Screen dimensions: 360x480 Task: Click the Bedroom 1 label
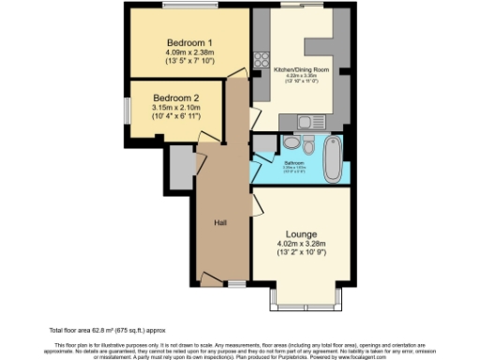pyautogui.click(x=190, y=43)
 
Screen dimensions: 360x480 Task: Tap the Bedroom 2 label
pyautogui.click(x=177, y=98)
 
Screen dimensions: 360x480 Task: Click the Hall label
pyautogui.click(x=221, y=222)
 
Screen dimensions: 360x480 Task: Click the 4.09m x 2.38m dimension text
pyautogui.click(x=190, y=53)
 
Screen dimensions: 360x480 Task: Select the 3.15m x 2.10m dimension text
pyautogui.click(x=177, y=109)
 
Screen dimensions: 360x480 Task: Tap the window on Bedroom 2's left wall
pyautogui.click(x=128, y=112)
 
